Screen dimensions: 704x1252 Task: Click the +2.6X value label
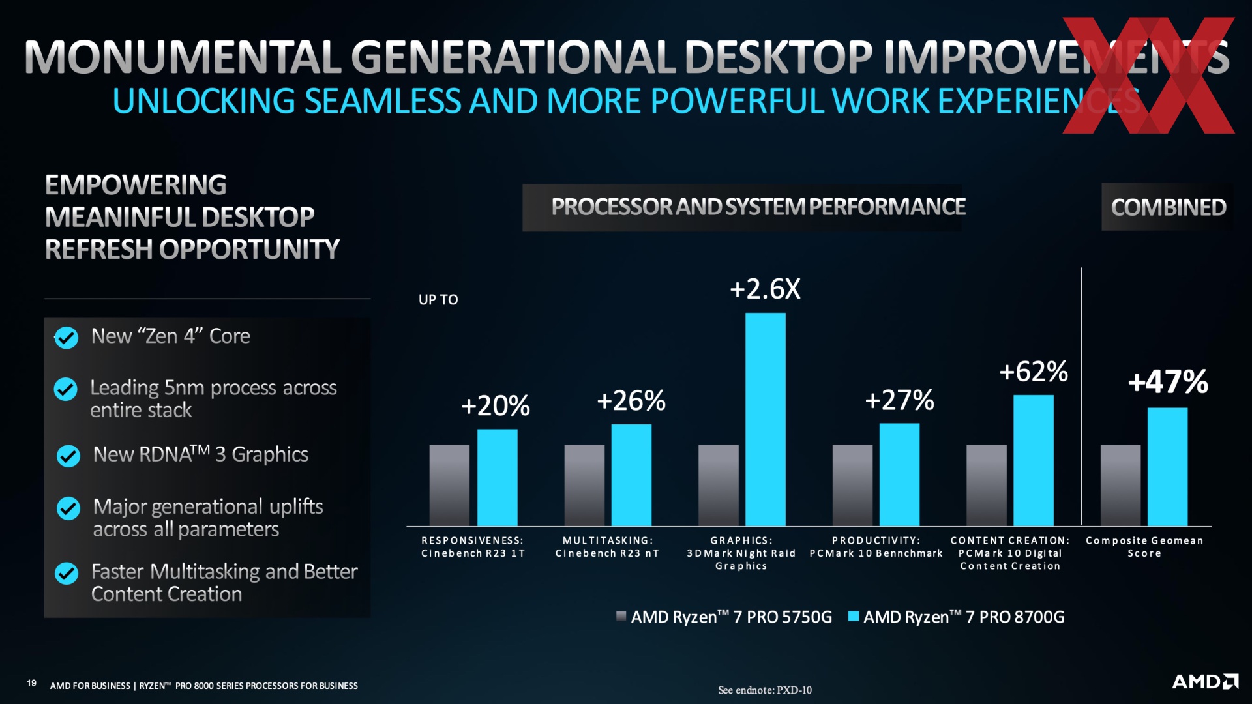765,289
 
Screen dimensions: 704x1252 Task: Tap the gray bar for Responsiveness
449,485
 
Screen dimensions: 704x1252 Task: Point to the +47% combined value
1168,382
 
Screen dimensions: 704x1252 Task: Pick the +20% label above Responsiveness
496,406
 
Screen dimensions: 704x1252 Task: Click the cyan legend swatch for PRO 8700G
853,616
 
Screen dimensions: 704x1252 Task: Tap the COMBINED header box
1168,207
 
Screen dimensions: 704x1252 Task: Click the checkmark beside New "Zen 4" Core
66,338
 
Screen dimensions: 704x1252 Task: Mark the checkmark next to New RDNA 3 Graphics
68,456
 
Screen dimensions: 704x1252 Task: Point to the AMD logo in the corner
1205,682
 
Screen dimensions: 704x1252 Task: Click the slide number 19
31,683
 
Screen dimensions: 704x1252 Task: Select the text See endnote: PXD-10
765,690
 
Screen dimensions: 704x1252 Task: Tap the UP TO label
438,300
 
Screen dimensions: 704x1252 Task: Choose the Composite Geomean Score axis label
1144,547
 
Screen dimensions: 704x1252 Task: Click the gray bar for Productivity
852,485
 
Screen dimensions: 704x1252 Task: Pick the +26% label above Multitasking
631,401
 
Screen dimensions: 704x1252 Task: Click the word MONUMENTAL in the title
183,57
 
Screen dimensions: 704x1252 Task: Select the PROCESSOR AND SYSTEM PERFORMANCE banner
758,207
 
